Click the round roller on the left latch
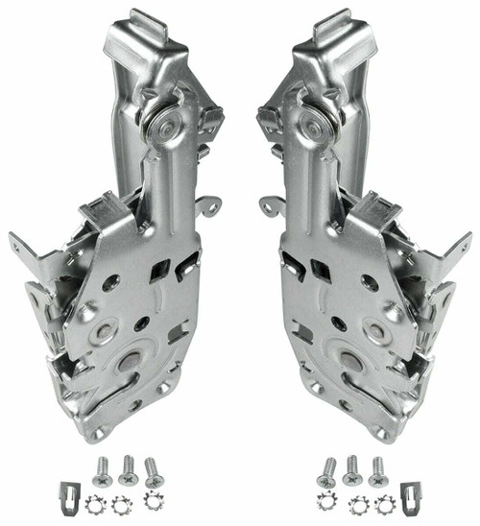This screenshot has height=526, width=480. [161, 122]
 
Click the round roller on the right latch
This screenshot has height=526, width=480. [314, 122]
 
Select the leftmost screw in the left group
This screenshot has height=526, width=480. [102, 468]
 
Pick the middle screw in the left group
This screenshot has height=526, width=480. [128, 469]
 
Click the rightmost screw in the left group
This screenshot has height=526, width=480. [153, 471]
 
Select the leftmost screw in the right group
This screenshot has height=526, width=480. [327, 471]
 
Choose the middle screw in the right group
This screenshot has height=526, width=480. [352, 469]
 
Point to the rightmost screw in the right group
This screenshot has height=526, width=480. [377, 468]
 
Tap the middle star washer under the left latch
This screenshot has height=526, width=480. [122, 503]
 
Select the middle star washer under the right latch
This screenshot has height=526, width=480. [358, 503]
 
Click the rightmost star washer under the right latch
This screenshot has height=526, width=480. [383, 502]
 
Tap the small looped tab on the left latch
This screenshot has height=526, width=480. [210, 204]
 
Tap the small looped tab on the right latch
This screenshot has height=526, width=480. [270, 204]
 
